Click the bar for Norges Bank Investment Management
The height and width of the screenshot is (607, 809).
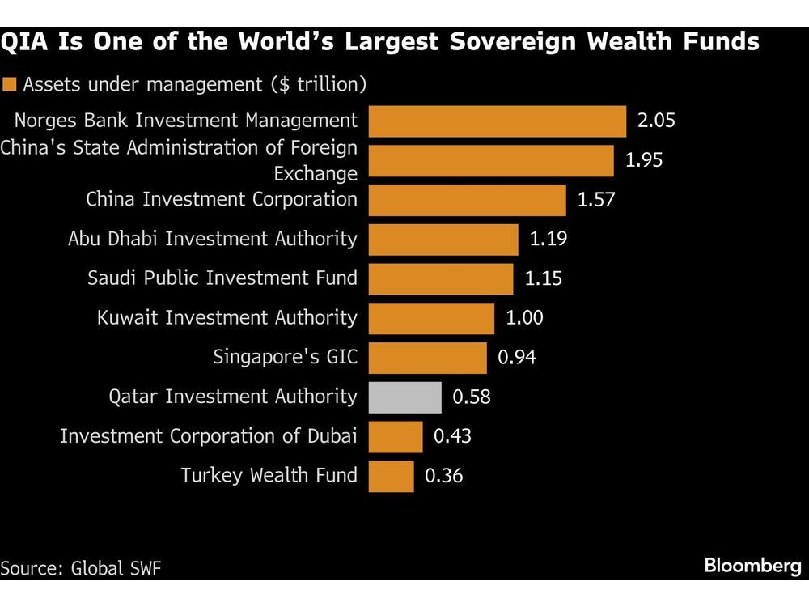tap(498, 121)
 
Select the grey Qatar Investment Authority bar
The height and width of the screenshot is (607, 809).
tap(405, 397)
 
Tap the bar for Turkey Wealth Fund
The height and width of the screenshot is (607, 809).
tap(392, 475)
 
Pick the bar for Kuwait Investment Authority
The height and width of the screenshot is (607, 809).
tap(431, 318)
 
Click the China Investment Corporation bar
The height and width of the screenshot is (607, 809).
tap(468, 199)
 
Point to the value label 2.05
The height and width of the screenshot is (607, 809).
tap(655, 121)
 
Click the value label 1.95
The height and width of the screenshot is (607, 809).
tap(643, 160)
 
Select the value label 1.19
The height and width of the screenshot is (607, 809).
tap(548, 239)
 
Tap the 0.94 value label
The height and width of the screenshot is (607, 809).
tap(516, 357)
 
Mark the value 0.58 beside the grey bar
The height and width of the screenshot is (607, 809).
tap(471, 397)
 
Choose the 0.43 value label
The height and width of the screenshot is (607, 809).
tap(452, 436)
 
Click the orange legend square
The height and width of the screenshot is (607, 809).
tap(11, 83)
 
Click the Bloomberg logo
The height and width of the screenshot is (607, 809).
tap(752, 566)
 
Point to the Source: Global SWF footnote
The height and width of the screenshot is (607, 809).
tap(81, 567)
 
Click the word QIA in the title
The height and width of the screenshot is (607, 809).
tap(30, 41)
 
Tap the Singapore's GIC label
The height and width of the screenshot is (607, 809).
tap(285, 357)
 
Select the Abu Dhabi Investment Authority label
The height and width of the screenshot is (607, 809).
tap(212, 239)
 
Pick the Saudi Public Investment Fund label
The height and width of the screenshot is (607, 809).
tap(222, 278)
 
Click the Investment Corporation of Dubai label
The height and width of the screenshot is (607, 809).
tap(209, 436)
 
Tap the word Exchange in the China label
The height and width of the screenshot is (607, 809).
tap(315, 173)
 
